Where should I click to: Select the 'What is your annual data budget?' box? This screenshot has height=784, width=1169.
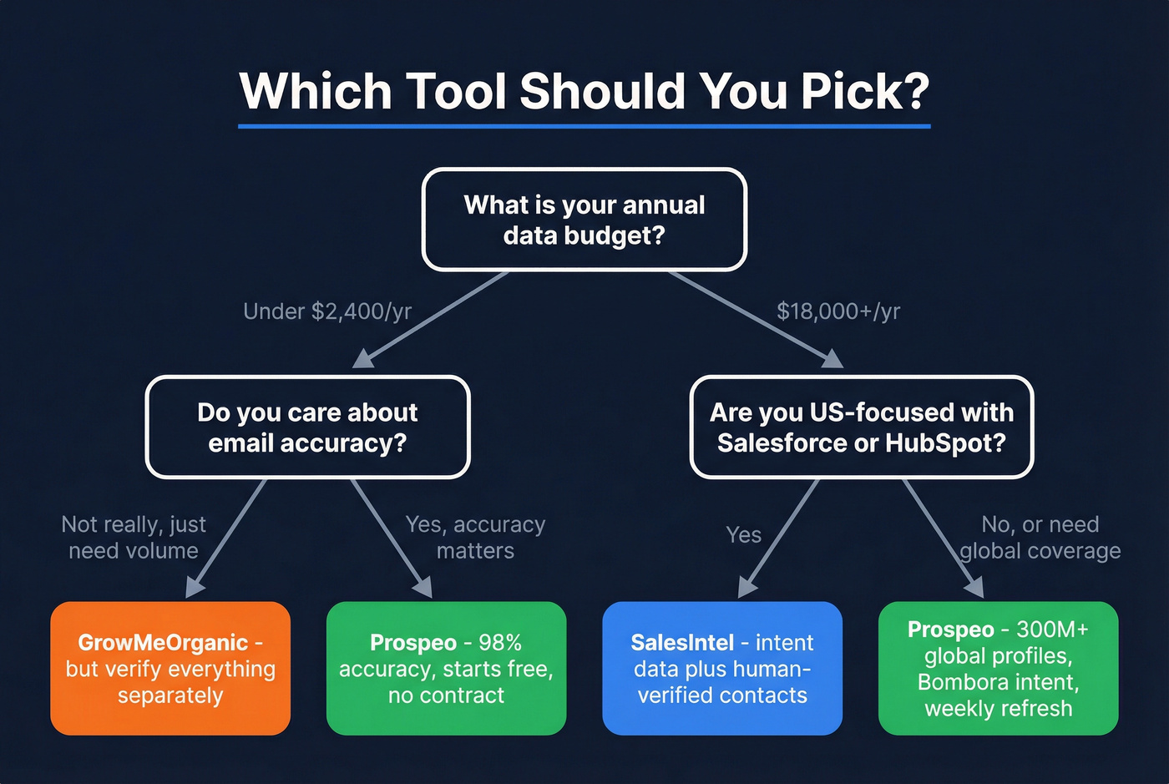point(584,220)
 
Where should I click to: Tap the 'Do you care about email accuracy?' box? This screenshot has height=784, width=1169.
point(307,427)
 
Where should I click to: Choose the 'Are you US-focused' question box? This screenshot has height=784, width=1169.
point(862,427)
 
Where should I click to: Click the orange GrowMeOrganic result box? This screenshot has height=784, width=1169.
point(170,669)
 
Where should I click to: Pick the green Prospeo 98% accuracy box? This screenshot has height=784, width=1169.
point(446,669)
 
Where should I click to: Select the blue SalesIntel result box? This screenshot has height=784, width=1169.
point(722,669)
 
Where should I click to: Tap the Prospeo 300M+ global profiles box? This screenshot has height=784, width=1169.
point(998,669)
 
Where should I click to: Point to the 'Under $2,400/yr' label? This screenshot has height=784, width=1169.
point(327,311)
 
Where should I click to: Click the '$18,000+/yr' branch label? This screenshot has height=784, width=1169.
point(838,311)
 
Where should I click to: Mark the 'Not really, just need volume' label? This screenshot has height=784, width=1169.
point(134,538)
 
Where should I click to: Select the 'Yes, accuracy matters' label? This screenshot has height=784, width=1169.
point(475,538)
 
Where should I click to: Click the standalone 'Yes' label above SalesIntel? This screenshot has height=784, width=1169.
point(743,534)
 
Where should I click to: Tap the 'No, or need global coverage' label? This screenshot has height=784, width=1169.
point(1040,538)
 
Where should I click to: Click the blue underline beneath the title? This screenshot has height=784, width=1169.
point(584,126)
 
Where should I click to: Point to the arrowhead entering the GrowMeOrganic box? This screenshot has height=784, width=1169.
point(194,589)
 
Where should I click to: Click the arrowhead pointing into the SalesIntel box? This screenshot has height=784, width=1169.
point(746,589)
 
